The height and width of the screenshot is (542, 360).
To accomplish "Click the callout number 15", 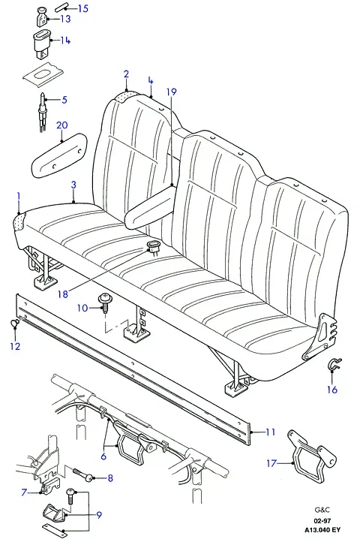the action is click(83, 8).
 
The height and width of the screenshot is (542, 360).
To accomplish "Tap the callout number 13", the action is click(65, 19).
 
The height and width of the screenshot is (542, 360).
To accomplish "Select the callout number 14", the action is click(65, 41).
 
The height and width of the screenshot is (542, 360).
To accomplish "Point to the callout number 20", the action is click(61, 125).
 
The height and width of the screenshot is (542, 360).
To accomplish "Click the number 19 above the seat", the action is click(171, 92).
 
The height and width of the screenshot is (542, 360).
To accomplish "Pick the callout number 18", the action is click(63, 294).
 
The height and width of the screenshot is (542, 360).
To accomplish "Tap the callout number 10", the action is click(82, 307).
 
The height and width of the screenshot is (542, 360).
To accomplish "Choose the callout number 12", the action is click(15, 346).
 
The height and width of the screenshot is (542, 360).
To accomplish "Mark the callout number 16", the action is click(332, 390).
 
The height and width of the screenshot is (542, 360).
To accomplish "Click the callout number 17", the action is click(272, 462).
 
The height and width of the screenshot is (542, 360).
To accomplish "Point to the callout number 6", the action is click(103, 456).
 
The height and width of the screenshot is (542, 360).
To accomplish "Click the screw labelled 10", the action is click(104, 303).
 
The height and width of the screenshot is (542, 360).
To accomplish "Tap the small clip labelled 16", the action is click(334, 365).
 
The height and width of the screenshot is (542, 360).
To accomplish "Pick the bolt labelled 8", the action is click(85, 474).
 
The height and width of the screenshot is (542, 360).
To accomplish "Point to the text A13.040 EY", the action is click(322, 529).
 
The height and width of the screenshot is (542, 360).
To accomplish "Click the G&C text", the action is click(322, 510).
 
